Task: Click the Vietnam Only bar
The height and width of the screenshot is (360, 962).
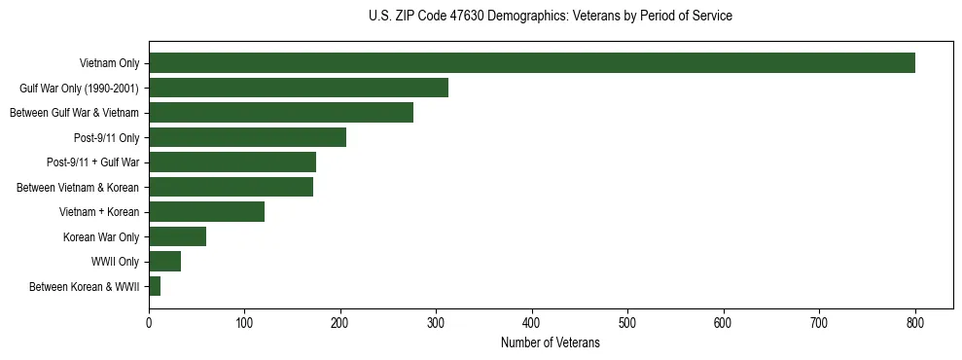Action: coord(531,63)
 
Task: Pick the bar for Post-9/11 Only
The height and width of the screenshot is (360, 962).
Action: coord(247,137)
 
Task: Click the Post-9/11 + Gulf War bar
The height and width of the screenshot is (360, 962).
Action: coord(232,162)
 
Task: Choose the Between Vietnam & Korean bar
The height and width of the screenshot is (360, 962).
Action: coord(231,187)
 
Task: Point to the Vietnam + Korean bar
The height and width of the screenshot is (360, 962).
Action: coord(206,212)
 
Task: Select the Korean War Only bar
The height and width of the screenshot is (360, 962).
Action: coord(177,236)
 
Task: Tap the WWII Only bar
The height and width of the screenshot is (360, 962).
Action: coord(164,262)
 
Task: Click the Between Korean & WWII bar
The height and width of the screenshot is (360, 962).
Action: coord(155,286)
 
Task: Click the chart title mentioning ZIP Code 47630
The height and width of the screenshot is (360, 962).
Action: coord(551,17)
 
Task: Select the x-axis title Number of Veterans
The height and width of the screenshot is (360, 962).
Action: coord(551,342)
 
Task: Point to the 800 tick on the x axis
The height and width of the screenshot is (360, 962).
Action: coord(915,323)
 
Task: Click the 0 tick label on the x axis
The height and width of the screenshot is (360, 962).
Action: coord(149,323)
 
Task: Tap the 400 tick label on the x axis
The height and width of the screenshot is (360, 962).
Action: coord(532,323)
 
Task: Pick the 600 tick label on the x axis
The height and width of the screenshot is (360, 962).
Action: coord(724,323)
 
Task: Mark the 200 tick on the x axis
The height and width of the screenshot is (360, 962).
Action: coord(340,323)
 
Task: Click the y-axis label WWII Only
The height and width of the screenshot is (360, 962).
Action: coord(116,262)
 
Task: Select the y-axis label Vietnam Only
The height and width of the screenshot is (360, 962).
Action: coord(109,63)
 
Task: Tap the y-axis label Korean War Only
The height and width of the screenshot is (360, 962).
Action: coord(101,236)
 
